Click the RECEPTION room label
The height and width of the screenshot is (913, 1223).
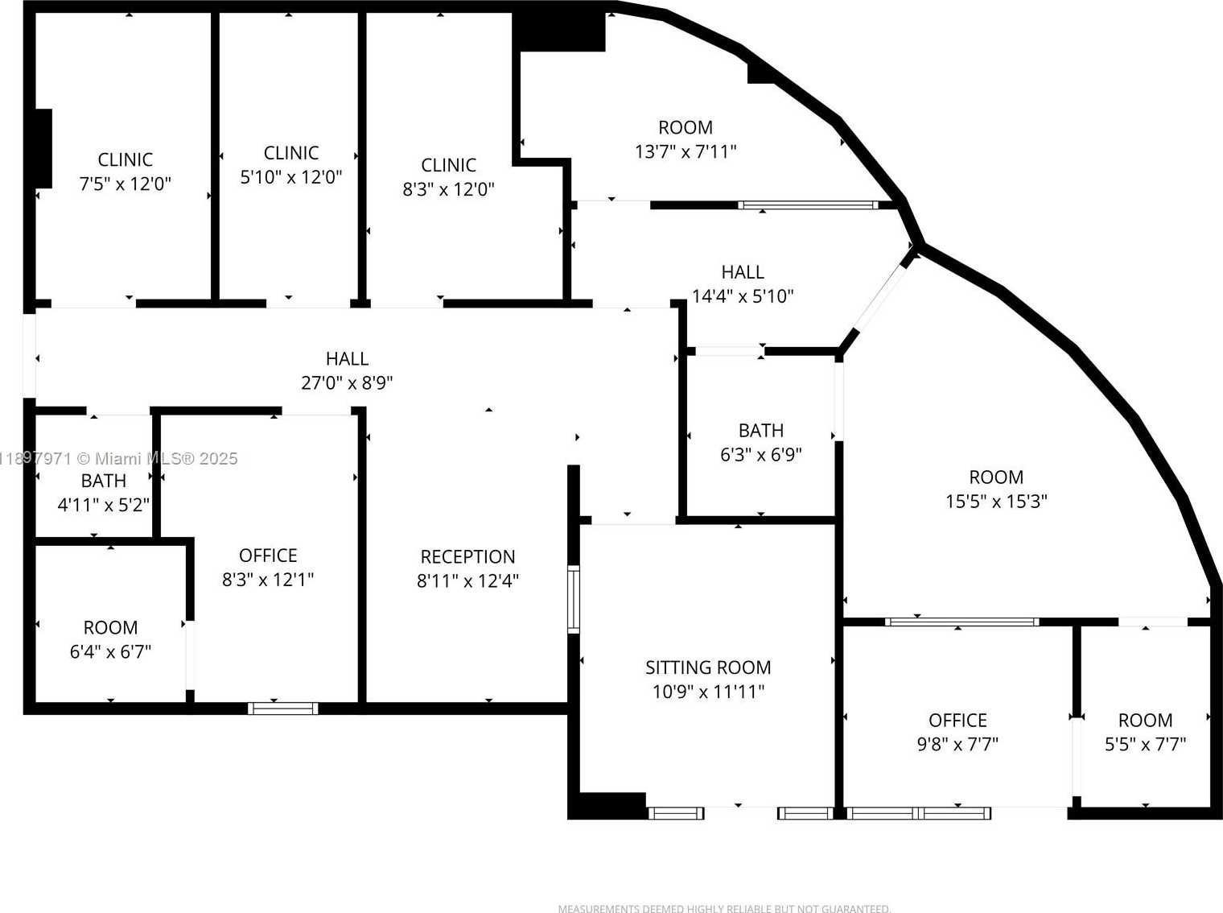(x=467, y=556)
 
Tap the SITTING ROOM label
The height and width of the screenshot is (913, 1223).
(x=708, y=667)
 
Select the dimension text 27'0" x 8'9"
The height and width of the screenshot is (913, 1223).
(x=347, y=383)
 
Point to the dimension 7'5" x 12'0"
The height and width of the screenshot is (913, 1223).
(x=125, y=184)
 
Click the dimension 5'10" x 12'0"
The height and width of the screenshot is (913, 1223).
(x=290, y=176)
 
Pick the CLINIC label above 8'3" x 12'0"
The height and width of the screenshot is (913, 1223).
(x=448, y=165)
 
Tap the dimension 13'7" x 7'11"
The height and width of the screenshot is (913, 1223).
(x=686, y=151)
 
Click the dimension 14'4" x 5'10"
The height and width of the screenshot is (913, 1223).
(x=743, y=295)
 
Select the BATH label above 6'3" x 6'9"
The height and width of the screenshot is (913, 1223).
(x=761, y=430)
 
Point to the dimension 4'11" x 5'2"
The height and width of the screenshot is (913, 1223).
(x=104, y=505)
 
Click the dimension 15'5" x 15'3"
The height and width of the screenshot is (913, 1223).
(x=996, y=501)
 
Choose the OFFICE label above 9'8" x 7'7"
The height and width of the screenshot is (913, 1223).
(x=957, y=720)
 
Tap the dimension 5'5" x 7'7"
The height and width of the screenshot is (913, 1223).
(x=1146, y=744)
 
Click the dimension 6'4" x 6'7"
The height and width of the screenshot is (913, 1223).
(x=110, y=651)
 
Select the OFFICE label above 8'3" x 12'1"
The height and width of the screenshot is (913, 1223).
(x=268, y=556)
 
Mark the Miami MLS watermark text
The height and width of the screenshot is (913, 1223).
(x=118, y=459)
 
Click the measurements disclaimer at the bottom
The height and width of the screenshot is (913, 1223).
(x=724, y=908)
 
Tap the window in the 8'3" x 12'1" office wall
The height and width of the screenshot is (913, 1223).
(x=283, y=709)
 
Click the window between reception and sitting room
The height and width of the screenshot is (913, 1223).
(x=574, y=599)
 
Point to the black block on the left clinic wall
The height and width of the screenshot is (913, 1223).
(x=44, y=148)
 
